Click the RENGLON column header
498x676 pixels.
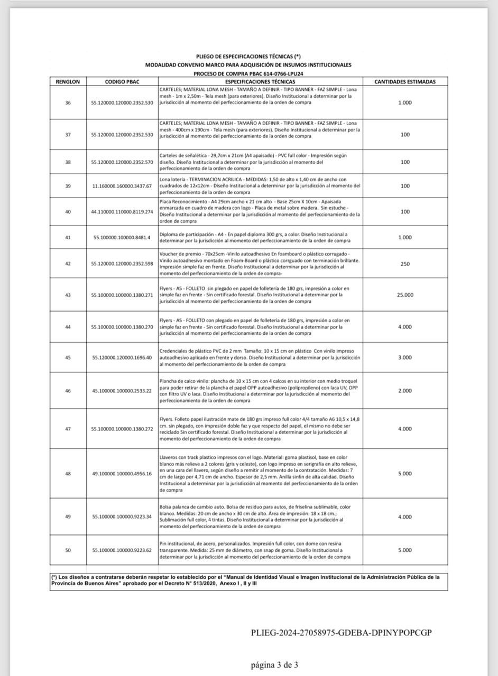68,82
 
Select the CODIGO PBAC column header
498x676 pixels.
122,82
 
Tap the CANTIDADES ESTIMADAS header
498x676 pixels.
404,82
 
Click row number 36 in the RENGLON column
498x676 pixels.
68,102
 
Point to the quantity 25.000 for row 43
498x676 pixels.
404,295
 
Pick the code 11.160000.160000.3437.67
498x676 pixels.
122,186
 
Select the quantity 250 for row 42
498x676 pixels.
404,264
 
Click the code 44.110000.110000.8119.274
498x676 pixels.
122,212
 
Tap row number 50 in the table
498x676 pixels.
68,550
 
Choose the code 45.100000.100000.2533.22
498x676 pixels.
122,391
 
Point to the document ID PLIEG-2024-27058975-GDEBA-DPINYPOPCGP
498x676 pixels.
342,633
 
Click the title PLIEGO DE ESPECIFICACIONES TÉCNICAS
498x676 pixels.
248,57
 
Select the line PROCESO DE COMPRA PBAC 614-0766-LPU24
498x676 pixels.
248,74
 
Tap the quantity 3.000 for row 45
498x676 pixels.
404,358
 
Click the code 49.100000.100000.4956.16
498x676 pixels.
122,474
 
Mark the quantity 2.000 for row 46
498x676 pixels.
404,391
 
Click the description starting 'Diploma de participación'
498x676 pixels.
254,237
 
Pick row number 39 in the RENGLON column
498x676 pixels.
68,186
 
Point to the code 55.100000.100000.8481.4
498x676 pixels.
122,238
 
